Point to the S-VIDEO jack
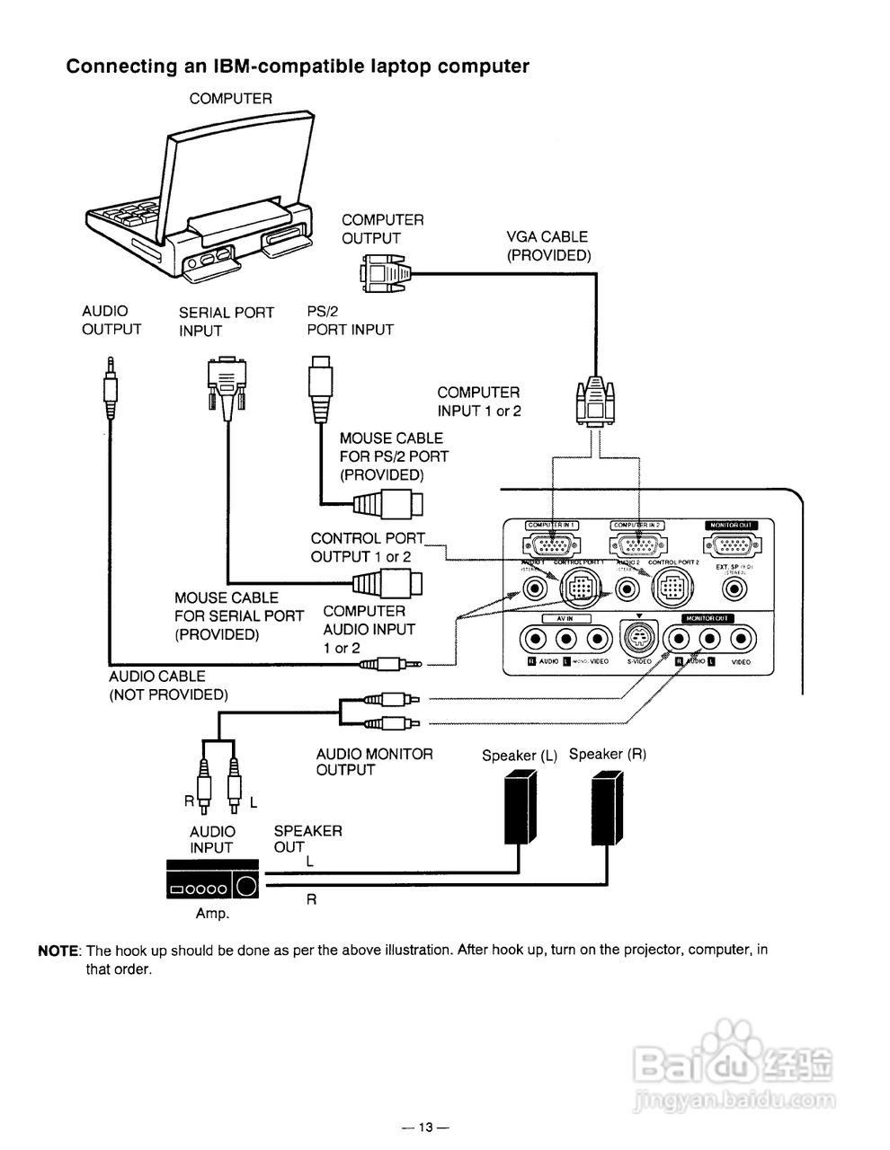coord(638,639)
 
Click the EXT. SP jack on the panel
coord(735,589)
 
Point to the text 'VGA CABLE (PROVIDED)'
coord(547,246)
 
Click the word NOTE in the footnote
coord(58,951)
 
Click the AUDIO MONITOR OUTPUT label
coord(373,762)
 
